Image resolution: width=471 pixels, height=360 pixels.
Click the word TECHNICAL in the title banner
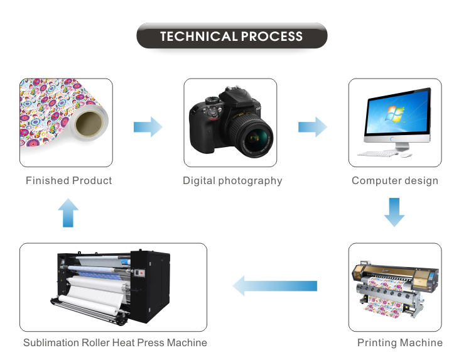click(199, 36)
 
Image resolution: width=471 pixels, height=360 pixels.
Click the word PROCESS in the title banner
click(271, 36)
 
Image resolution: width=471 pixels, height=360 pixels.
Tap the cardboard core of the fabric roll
click(89, 123)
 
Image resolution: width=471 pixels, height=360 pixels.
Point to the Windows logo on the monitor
click(394, 114)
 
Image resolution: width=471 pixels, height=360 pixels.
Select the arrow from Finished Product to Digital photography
click(148, 127)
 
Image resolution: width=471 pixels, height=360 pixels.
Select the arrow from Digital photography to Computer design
click(312, 127)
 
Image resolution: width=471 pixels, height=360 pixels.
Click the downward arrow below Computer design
click(394, 212)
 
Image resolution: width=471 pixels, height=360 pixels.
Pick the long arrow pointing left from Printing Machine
click(275, 286)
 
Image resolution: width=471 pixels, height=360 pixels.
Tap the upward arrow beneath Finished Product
click(68, 213)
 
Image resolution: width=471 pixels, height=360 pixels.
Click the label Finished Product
click(69, 180)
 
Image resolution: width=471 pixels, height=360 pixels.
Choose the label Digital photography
click(232, 181)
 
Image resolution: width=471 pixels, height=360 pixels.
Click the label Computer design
click(395, 181)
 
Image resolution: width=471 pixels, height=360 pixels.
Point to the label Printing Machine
click(400, 342)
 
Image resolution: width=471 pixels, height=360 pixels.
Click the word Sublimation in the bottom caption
click(51, 342)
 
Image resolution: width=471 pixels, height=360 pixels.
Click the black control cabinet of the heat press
click(149, 285)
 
